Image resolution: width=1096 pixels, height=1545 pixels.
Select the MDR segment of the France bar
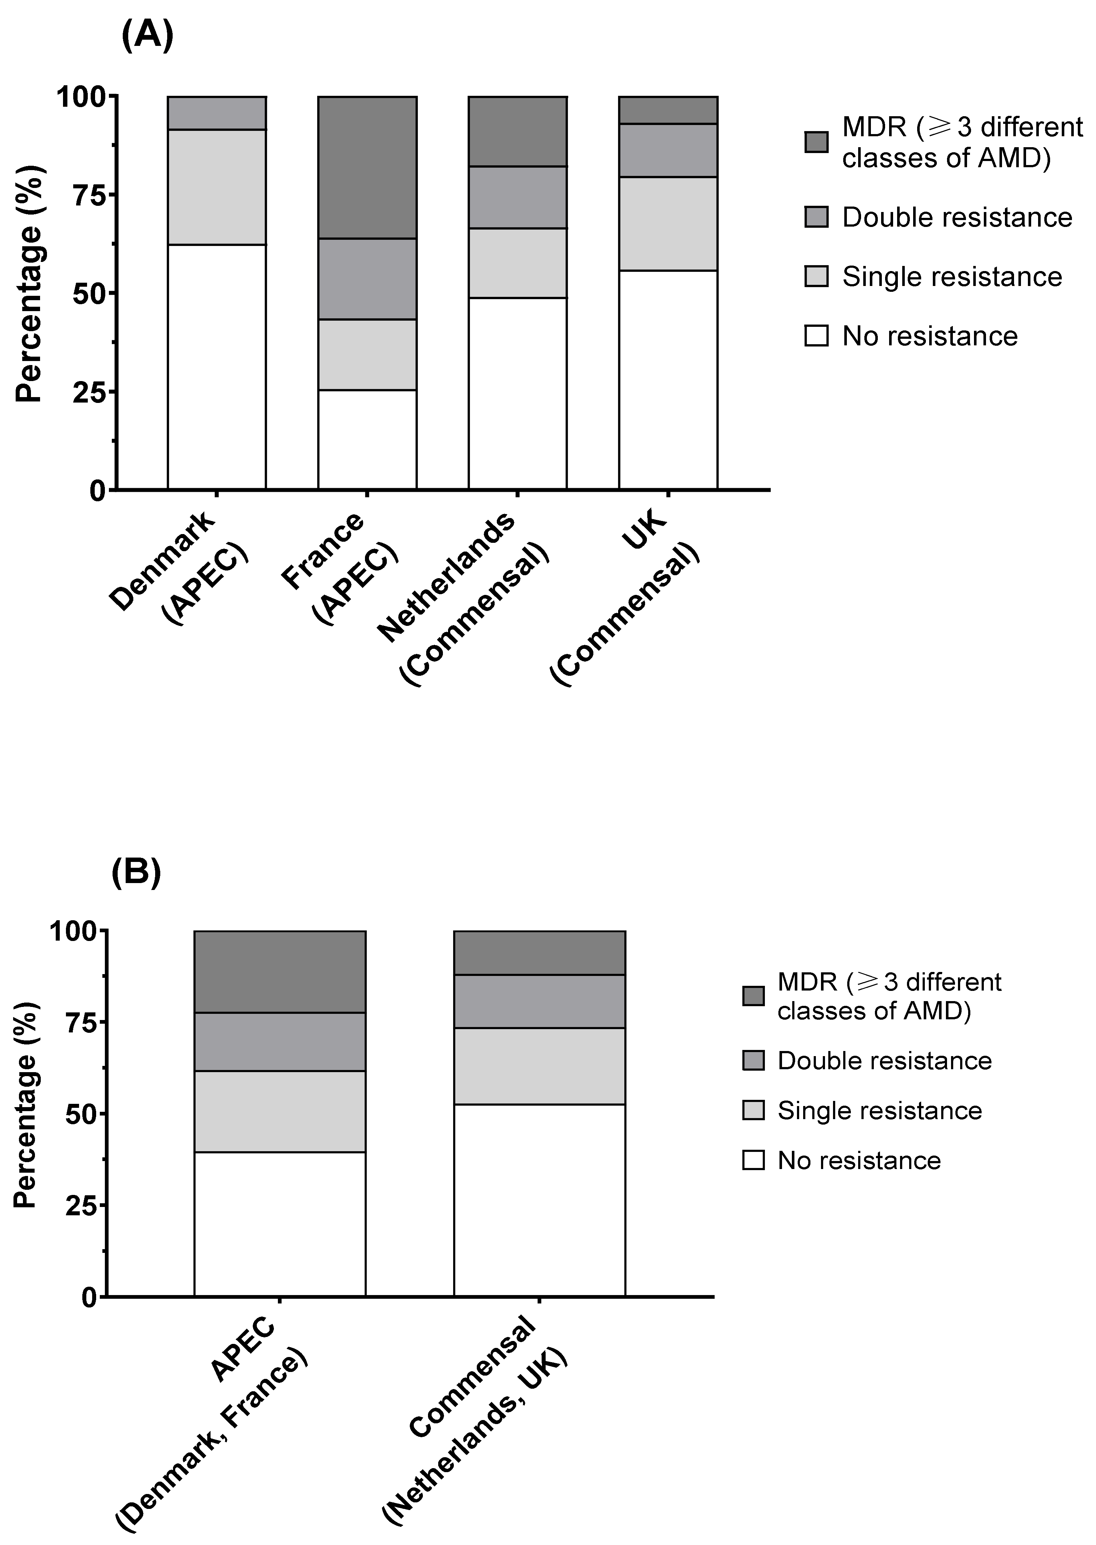tap(367, 167)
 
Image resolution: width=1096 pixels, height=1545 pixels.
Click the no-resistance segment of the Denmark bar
tap(217, 366)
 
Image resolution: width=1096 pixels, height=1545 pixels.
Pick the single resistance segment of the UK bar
tap(668, 223)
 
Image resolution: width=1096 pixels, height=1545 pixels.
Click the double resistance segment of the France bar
tap(367, 279)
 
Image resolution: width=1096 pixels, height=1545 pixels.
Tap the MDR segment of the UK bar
tap(668, 110)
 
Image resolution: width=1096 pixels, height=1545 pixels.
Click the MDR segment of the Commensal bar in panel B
tap(539, 952)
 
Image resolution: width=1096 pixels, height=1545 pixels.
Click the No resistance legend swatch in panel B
tap(753, 1160)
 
